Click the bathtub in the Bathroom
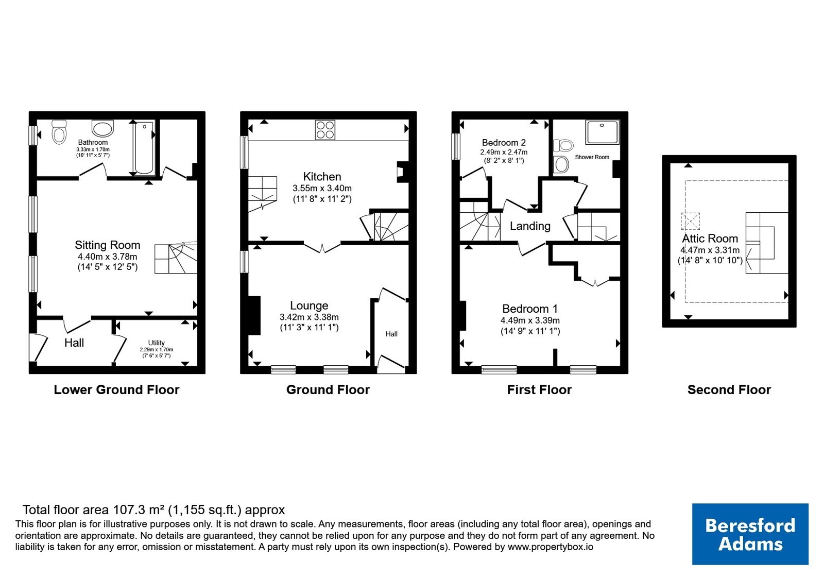(x=144, y=147)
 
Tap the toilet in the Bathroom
(x=59, y=132)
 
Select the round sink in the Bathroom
(x=102, y=128)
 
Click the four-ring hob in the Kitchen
(x=325, y=130)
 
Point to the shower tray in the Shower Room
(x=602, y=132)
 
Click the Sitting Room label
(x=108, y=245)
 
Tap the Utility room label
(x=157, y=343)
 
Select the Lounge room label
(x=309, y=306)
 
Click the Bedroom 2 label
(x=504, y=142)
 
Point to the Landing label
(x=530, y=226)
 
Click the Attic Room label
(x=710, y=239)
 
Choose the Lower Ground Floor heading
(x=116, y=389)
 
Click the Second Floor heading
(x=729, y=389)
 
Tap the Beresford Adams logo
(x=750, y=534)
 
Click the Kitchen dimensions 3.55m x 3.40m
(x=322, y=189)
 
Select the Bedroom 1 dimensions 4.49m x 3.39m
(x=530, y=320)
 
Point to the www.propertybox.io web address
(x=551, y=547)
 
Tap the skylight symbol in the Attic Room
(x=690, y=222)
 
